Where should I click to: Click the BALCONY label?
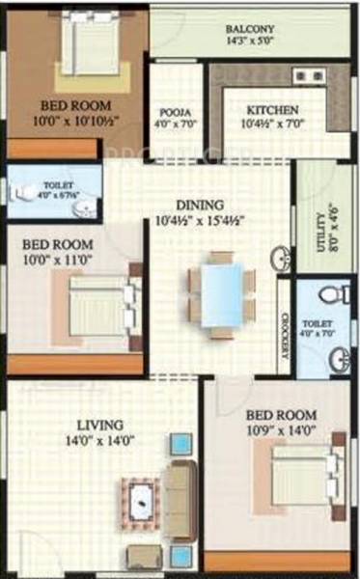[x=249, y=28]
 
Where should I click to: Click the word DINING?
[x=201, y=205]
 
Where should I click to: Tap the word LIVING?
[x=100, y=425]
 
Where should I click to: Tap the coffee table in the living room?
[x=142, y=499]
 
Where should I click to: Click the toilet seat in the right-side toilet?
[x=328, y=293]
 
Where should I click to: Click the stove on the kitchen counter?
[x=310, y=75]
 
